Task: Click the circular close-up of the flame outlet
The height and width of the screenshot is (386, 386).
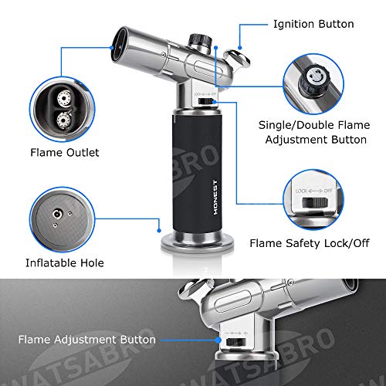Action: pyautogui.click(x=62, y=107)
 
